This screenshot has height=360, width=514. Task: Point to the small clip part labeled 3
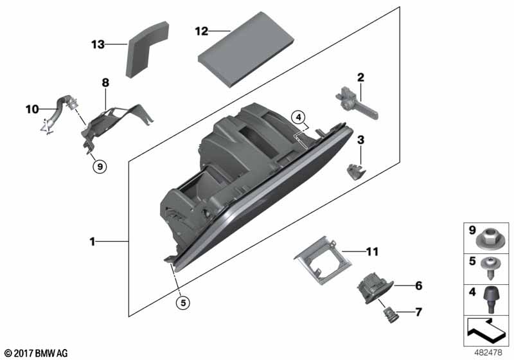(x=356, y=172)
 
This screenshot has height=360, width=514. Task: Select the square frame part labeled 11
(x=323, y=260)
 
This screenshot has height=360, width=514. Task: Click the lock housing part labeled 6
(x=374, y=288)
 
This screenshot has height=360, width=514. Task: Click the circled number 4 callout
(x=298, y=117)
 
